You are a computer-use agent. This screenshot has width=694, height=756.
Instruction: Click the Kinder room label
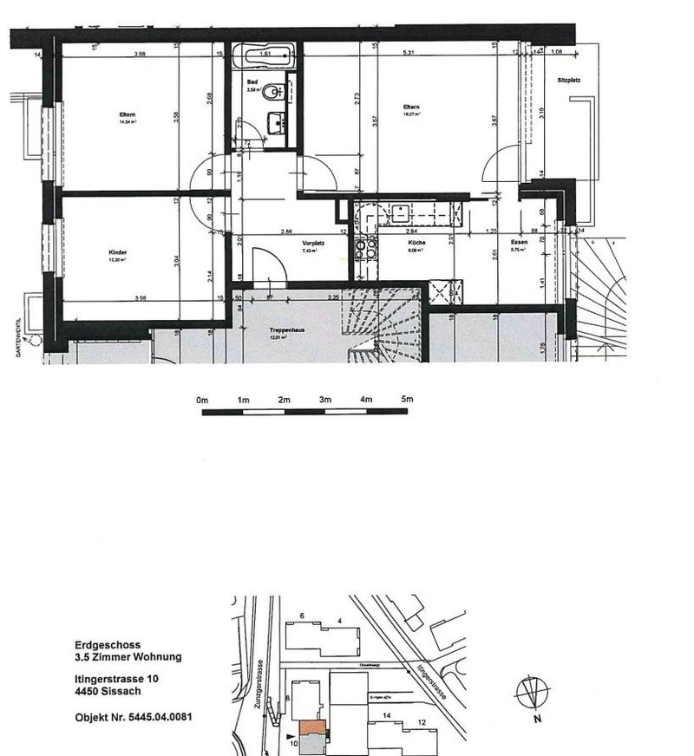pyautogui.click(x=120, y=252)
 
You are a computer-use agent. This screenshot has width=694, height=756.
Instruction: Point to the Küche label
pyautogui.click(x=417, y=244)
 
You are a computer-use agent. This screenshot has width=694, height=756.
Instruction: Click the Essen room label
pyautogui.click(x=520, y=243)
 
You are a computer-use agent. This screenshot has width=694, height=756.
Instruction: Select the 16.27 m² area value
pyautogui.click(x=411, y=114)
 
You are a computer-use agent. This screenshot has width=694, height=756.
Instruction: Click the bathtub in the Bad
pyautogui.click(x=265, y=60)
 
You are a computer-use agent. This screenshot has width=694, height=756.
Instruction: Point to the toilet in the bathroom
pyautogui.click(x=273, y=89)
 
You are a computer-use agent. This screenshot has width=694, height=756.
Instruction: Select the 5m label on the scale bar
pyautogui.click(x=407, y=400)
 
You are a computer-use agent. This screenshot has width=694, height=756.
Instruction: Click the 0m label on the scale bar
pyautogui.click(x=203, y=400)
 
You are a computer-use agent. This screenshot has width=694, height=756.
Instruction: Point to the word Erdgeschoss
pyautogui.click(x=99, y=645)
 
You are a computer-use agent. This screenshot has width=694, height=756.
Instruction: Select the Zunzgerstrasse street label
pyautogui.click(x=259, y=685)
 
